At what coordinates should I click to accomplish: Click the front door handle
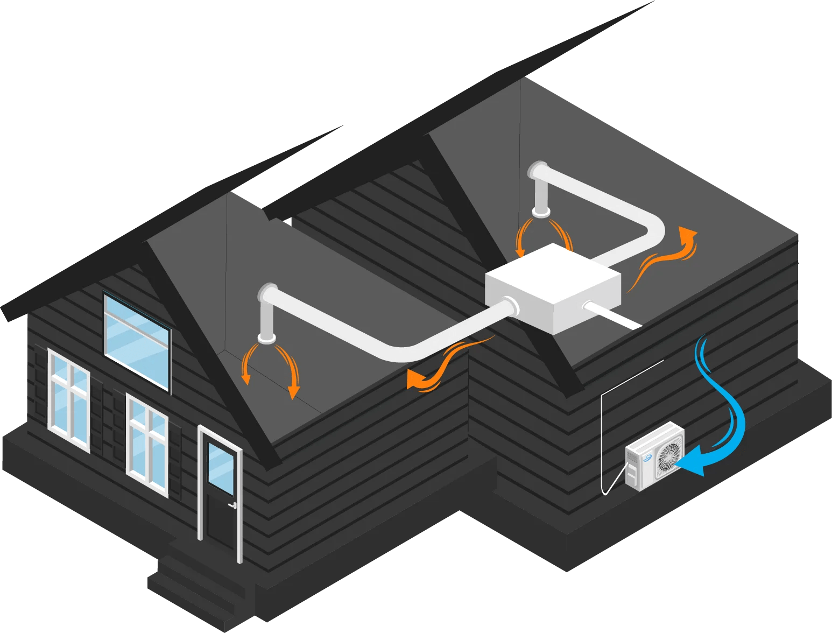[233, 505]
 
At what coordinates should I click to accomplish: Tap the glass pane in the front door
[221, 468]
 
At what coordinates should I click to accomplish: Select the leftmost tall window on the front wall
[69, 398]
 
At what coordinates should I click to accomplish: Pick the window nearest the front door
[147, 444]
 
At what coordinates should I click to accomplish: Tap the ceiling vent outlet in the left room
[267, 338]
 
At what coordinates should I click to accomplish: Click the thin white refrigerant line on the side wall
[602, 431]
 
